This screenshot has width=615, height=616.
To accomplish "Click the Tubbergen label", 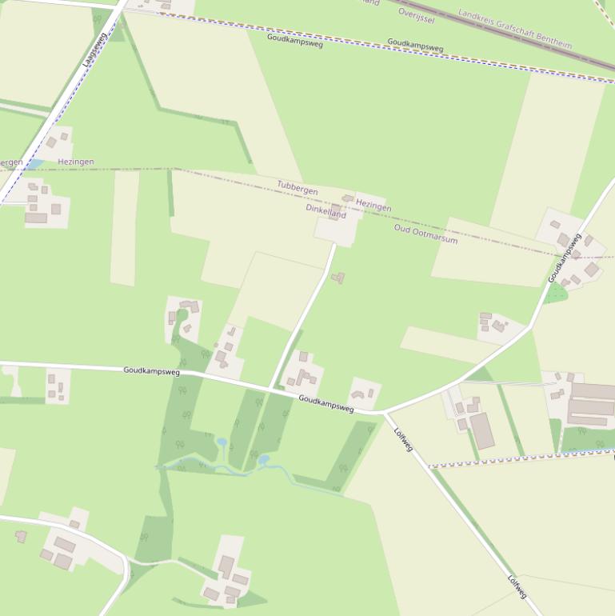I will point(298,189).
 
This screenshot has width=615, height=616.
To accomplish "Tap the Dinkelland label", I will point(325,212).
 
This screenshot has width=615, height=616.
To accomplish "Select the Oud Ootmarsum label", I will point(425,234).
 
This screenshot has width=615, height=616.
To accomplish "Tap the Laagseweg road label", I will point(94,54).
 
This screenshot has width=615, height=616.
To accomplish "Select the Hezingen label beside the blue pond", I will point(76,162).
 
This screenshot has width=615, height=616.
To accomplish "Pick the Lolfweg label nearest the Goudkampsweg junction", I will point(403,438).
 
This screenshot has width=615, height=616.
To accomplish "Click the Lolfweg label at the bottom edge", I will point(517,587).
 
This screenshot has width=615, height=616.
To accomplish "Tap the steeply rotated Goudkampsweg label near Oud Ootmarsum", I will point(564,258).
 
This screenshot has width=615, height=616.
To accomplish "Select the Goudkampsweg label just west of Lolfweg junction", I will point(325,403).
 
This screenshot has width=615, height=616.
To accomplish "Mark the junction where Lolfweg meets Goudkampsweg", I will point(384,414).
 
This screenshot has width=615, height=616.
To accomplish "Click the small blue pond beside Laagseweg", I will point(34,164).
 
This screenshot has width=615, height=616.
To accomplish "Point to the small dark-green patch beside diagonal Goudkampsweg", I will point(557,294).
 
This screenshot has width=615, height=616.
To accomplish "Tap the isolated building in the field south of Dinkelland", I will point(338,278).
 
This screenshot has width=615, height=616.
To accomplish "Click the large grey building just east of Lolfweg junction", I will point(481,430).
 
